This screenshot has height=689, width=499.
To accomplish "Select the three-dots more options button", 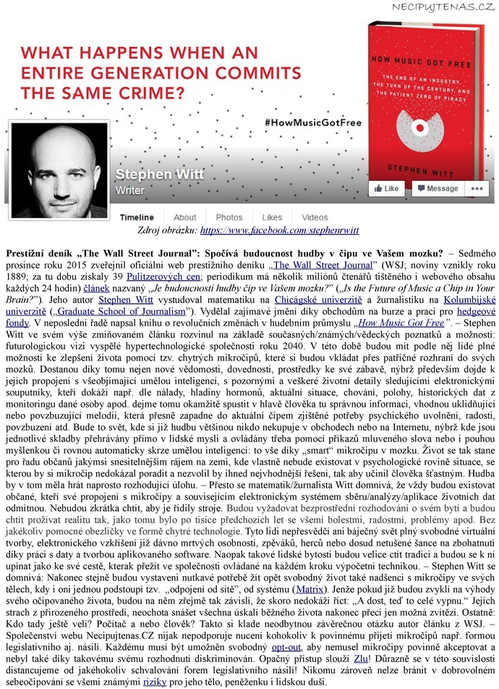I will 475,188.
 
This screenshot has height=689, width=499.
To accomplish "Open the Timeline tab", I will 137,217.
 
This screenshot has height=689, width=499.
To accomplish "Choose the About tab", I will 184,217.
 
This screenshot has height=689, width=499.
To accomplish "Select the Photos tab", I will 229,217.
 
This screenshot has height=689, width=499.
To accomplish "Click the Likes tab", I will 272,217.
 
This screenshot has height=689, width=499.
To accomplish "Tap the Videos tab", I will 315,217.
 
